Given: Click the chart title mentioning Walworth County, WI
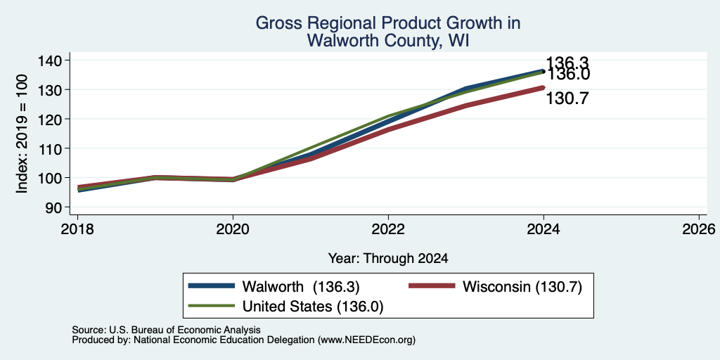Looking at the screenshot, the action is [x=387, y=31].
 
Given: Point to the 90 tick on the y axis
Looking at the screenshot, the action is [x=58, y=207].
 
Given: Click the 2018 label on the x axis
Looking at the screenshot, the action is [x=77, y=229].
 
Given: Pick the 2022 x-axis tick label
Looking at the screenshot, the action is [x=388, y=229].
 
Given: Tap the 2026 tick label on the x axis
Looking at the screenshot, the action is [x=700, y=229].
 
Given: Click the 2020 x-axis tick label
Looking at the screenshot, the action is [x=233, y=229].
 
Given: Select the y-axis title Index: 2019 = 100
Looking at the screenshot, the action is [x=22, y=134].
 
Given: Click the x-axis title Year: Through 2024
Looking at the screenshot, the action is [x=388, y=259].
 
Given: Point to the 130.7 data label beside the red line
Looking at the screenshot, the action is [x=567, y=98].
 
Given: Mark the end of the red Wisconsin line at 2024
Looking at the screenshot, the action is [x=544, y=87].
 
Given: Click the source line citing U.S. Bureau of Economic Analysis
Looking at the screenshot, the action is [x=166, y=330].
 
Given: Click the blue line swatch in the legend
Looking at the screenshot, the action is [x=212, y=286].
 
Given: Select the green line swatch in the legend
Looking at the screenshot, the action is [x=212, y=306].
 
